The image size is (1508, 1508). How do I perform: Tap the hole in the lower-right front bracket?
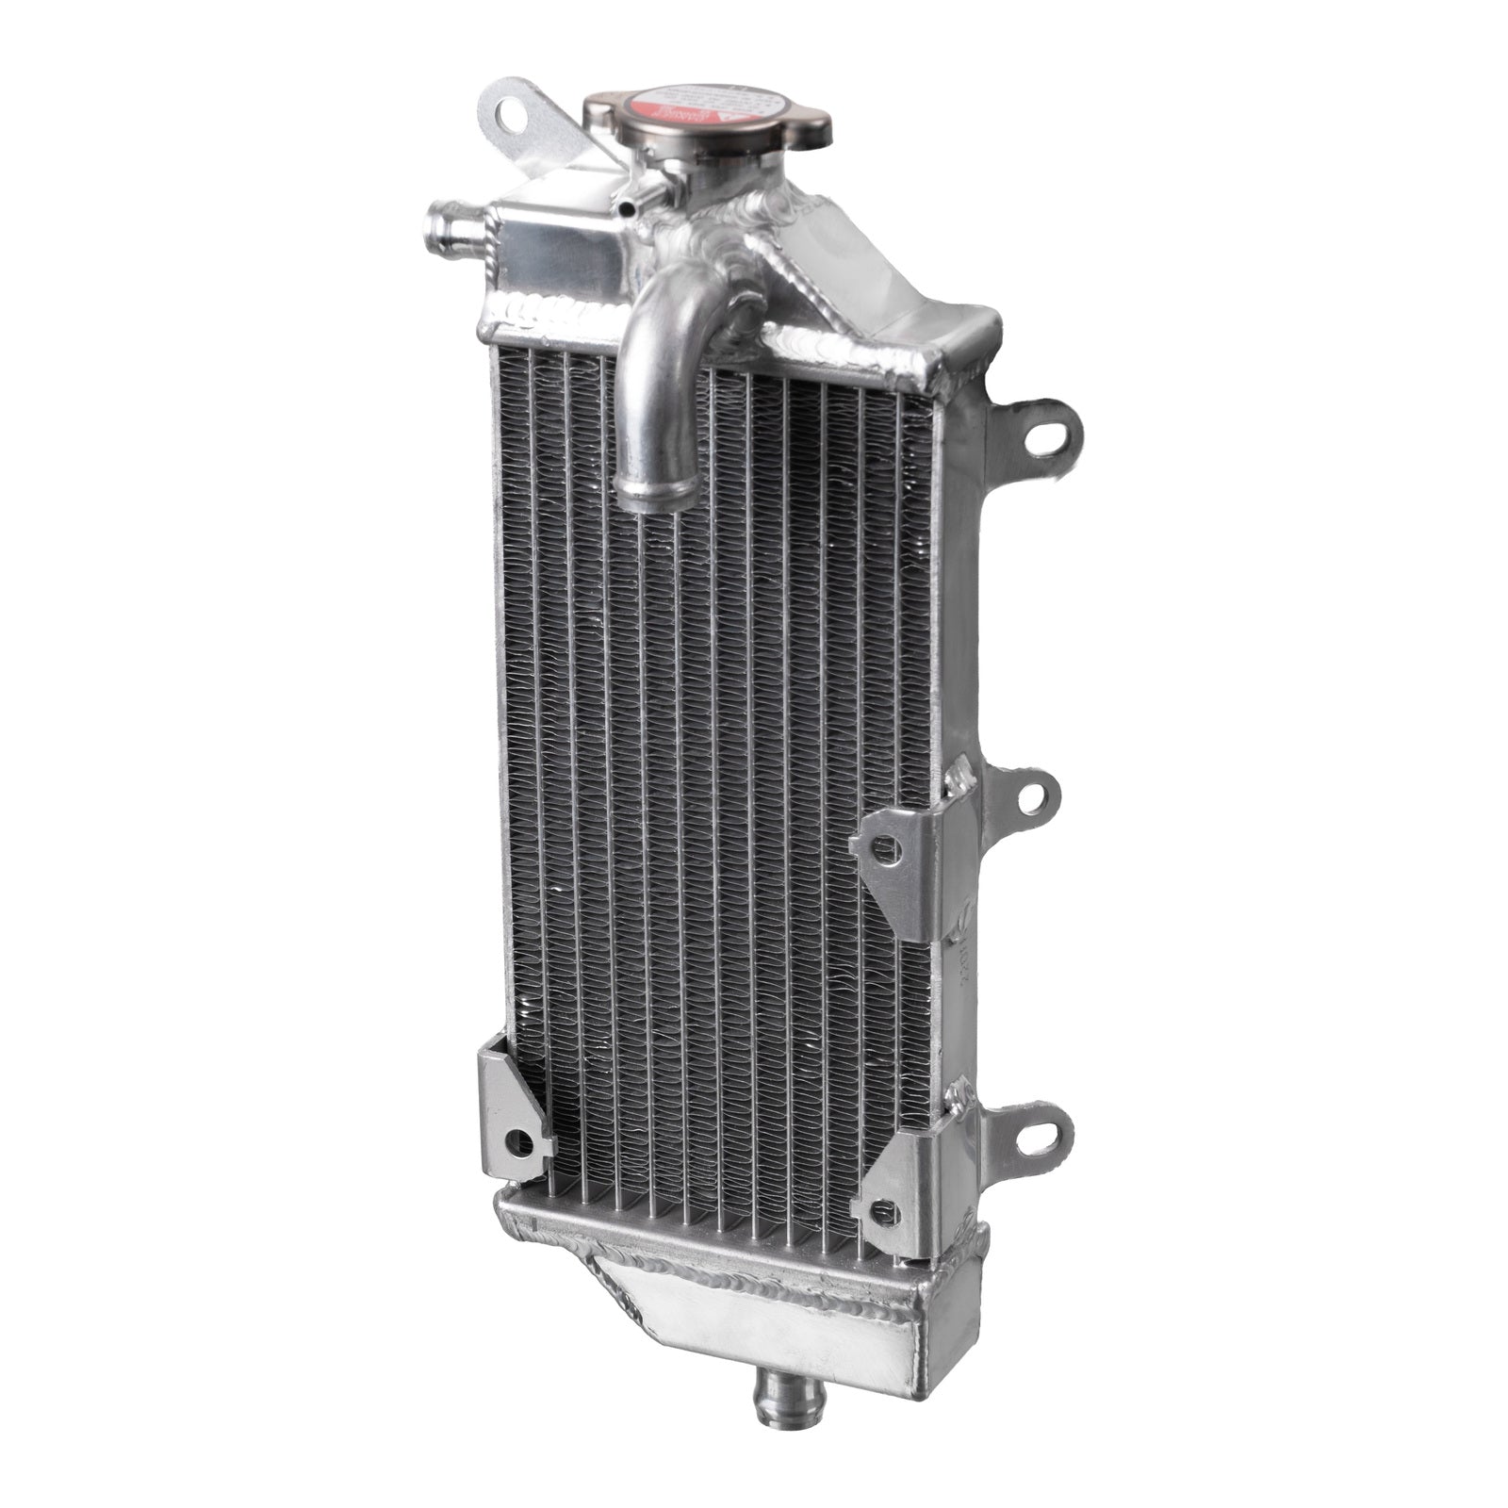point(884,1207)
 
